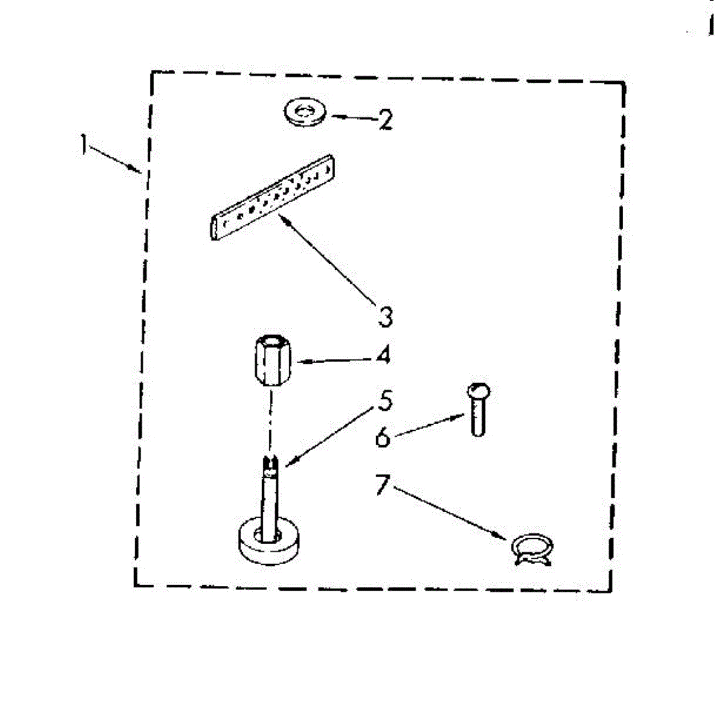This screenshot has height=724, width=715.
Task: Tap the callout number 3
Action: click(385, 316)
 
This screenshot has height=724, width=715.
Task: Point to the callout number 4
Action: click(383, 355)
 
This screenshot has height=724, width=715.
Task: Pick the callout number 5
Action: click(385, 400)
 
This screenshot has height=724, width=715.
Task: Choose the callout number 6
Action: click(383, 437)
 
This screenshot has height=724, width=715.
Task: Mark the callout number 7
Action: click(381, 485)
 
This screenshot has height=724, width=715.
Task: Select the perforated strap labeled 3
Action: click(273, 196)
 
